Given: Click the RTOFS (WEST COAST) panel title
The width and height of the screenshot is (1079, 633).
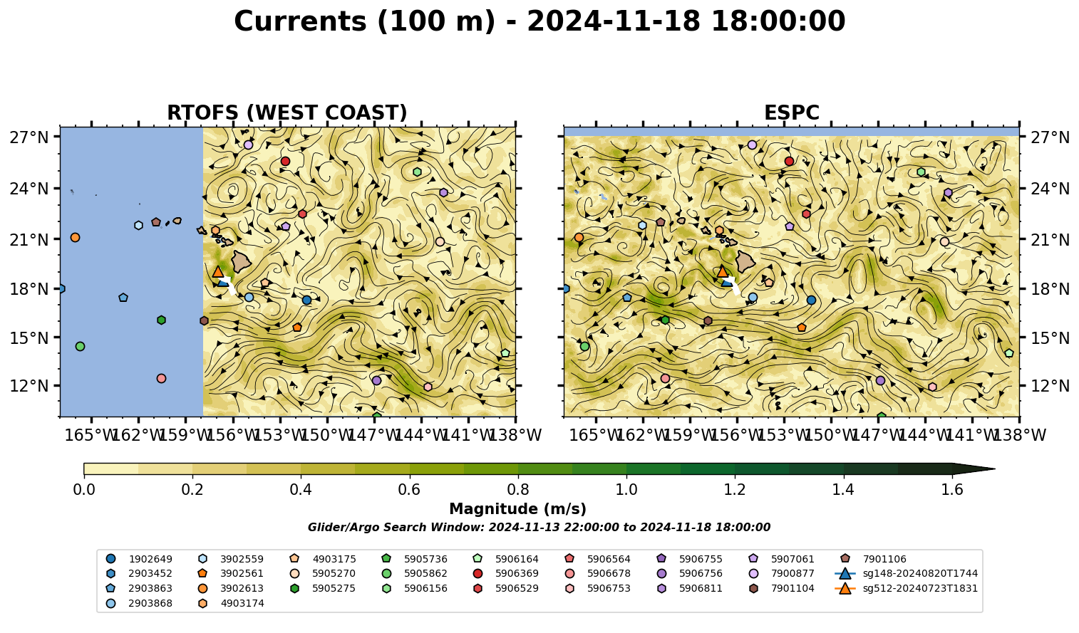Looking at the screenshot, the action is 287,113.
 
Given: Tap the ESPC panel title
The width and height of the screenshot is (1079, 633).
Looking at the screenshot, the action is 791,113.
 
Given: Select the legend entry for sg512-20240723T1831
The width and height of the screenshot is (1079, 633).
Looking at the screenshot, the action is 906,588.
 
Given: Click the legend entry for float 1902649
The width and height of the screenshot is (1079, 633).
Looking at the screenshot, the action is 139,559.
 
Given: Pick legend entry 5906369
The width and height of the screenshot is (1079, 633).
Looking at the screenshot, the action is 505,573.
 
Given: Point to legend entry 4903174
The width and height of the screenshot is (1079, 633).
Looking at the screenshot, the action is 231,603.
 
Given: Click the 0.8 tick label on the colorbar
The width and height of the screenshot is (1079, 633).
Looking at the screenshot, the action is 518,490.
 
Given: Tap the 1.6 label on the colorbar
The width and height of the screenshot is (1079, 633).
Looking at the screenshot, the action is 952,490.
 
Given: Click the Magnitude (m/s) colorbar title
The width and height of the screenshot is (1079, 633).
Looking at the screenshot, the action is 518,509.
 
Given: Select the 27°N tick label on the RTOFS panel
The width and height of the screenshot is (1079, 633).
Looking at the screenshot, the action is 29,137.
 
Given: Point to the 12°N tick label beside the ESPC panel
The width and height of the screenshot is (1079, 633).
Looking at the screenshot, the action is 1050,386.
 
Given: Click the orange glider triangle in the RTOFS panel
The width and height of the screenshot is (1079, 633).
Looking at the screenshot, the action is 218,271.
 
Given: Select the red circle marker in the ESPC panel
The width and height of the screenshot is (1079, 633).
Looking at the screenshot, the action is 789,161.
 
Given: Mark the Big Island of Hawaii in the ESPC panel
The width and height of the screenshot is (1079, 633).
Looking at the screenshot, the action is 745,261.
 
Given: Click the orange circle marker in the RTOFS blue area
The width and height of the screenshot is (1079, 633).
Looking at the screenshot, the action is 75,237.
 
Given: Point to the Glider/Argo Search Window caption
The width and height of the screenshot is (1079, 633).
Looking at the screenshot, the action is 539,528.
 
